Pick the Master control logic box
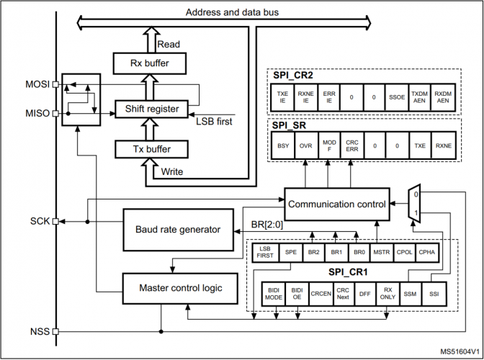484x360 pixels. (177, 288)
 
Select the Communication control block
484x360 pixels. (336, 204)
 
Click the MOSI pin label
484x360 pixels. (37, 84)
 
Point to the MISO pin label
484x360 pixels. (37, 113)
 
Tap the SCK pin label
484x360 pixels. (40, 221)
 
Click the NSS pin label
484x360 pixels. (40, 332)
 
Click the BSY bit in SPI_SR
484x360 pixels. (283, 145)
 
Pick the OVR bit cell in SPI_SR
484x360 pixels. (305, 145)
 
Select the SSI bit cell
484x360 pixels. (431, 294)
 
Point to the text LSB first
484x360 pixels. (214, 121)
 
